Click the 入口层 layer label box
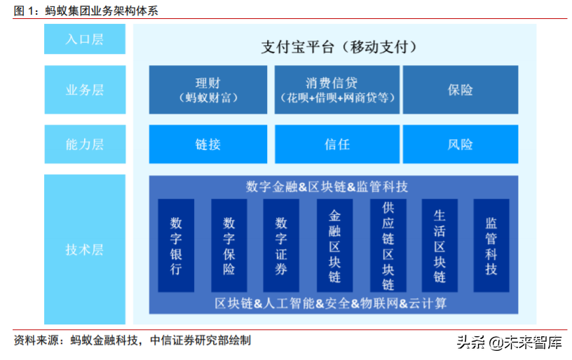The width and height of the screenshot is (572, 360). coord(85,39)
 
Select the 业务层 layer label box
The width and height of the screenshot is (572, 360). coord(85,90)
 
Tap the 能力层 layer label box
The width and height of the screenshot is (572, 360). coord(85,144)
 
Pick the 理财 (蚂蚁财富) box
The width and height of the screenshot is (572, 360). coord(208,90)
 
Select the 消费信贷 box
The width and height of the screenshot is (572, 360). coord(336,90)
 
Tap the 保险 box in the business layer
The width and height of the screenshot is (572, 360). coord(461,90)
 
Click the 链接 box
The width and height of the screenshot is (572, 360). coord(208,144)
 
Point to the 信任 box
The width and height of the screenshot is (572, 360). coord(336,144)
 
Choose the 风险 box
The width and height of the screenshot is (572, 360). coord(461,144)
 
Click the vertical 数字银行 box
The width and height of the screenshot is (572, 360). coord(176,245)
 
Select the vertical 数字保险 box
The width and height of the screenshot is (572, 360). coord(229,245)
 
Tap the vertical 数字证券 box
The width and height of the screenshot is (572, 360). coord(281,245)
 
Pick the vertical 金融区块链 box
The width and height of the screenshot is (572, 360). coord(334,245)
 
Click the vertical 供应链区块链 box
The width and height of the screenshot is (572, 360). coord(388,245)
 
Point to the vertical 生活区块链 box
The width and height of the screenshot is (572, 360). coord(440,245)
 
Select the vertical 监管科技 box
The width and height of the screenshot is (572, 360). coord(491,245)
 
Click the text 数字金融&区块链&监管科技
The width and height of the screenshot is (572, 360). coord(327,187)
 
